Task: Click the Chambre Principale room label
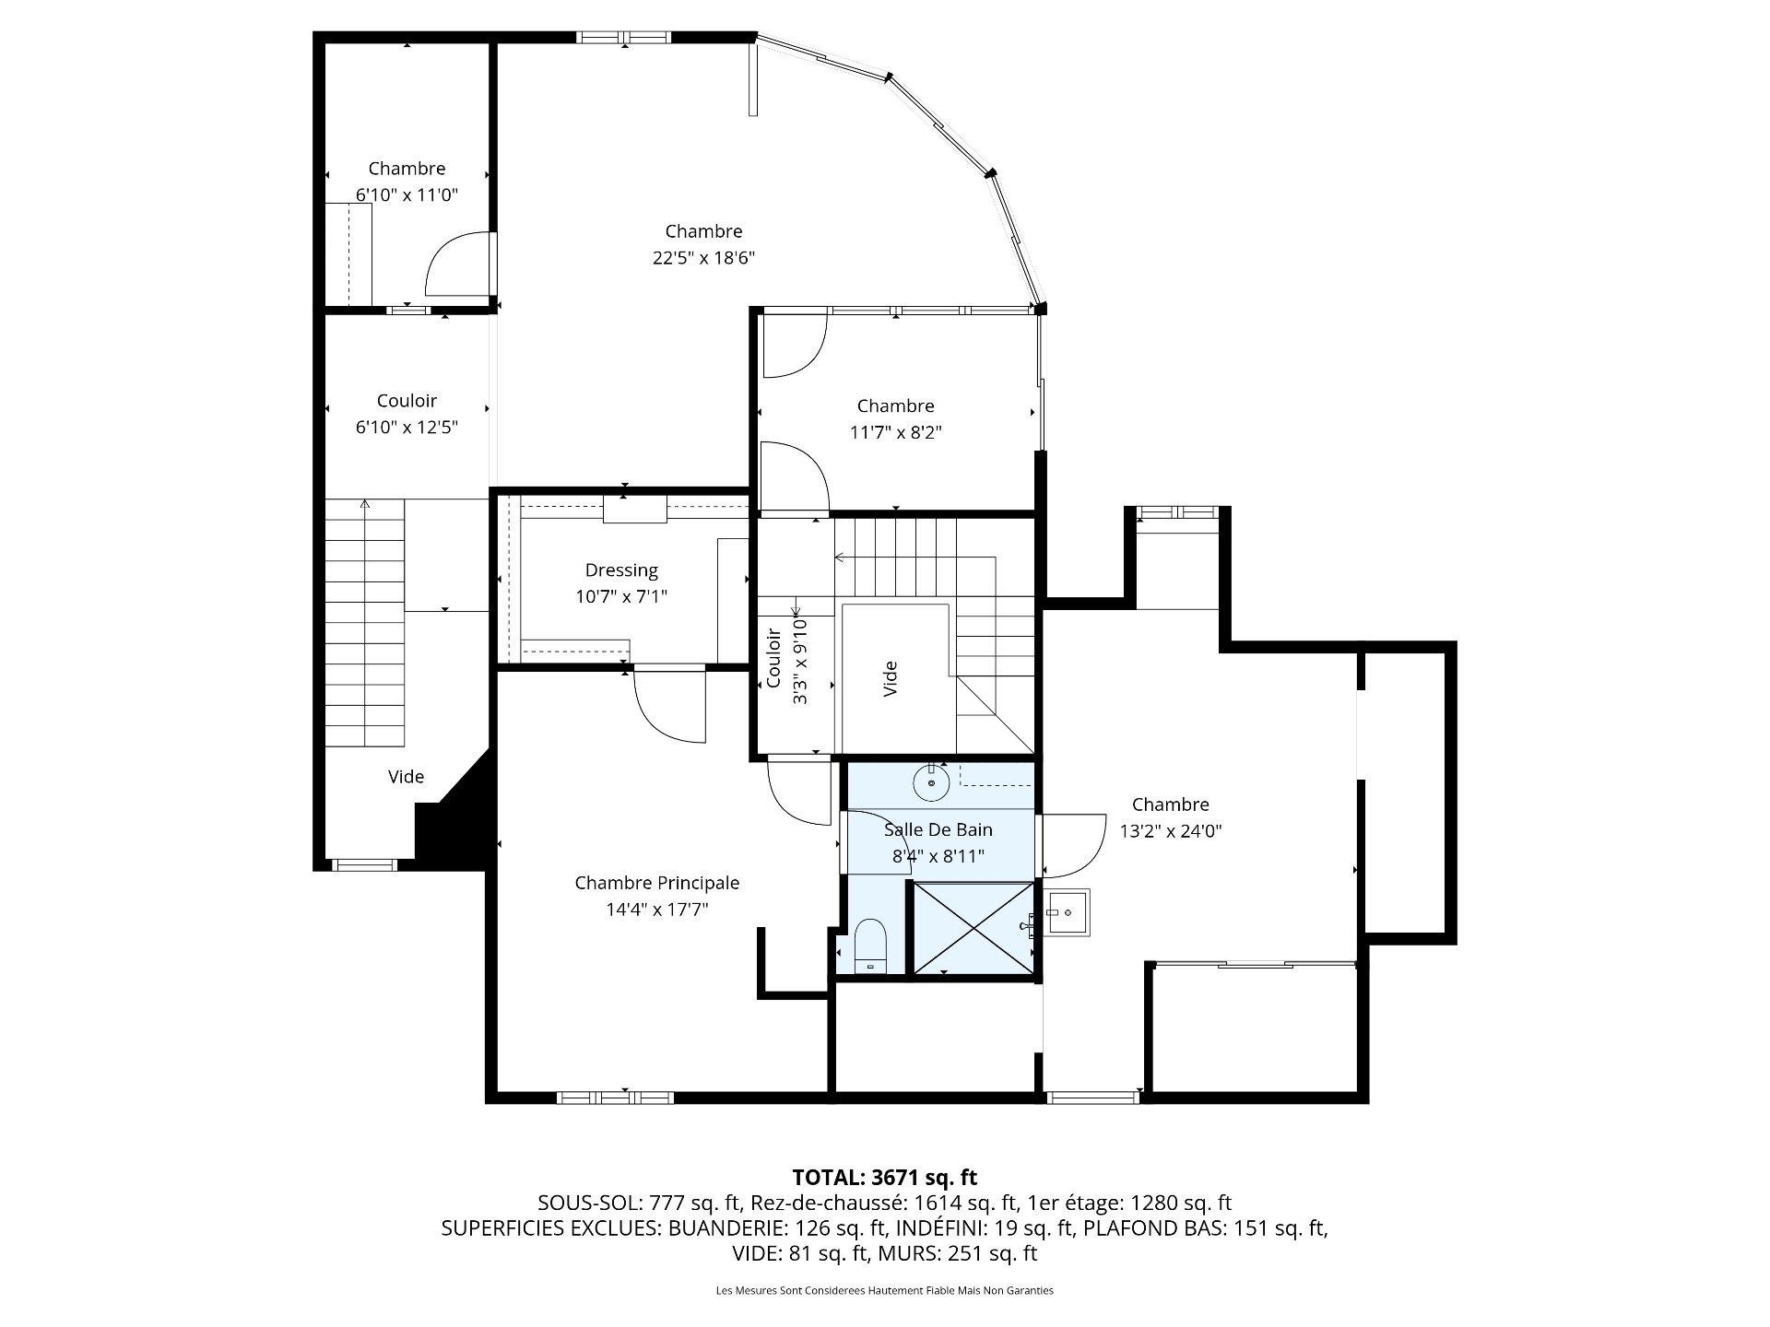[x=656, y=883]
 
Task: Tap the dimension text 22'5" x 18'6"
[x=703, y=258]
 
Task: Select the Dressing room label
[x=621, y=570]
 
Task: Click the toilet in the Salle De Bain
[x=870, y=946]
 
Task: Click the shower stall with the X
[x=973, y=927]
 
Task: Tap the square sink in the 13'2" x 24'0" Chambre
[x=1067, y=913]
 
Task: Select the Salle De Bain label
[x=938, y=830]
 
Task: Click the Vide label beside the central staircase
[x=891, y=678]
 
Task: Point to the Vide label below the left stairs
[x=406, y=777]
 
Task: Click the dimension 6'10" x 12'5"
[x=407, y=428]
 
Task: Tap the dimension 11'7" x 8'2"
[x=895, y=432]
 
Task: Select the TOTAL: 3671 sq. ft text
[x=884, y=1177]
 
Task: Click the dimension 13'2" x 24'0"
[x=1171, y=831]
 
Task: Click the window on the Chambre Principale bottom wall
[x=615, y=1098]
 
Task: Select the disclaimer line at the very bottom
[x=884, y=1290]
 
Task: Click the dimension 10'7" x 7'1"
[x=621, y=597]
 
